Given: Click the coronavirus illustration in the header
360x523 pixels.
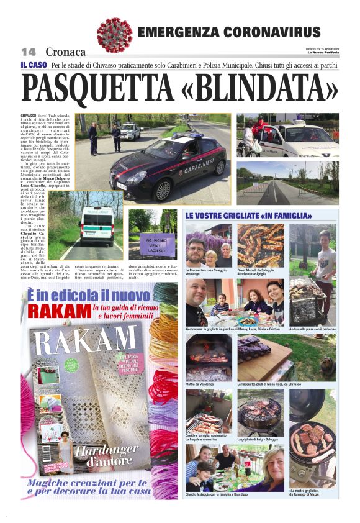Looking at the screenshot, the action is coord(114,34).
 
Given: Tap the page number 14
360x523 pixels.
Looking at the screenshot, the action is coord(29,52).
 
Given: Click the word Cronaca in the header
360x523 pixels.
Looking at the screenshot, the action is coord(66,52).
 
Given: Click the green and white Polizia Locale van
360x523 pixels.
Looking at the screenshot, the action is coord(97,225).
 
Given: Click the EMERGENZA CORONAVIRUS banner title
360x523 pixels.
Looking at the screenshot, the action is coord(228,32).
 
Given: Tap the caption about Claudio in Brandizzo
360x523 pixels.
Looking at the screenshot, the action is coord(217,494).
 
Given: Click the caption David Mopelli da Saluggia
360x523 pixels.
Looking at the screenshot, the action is coord(259,271).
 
